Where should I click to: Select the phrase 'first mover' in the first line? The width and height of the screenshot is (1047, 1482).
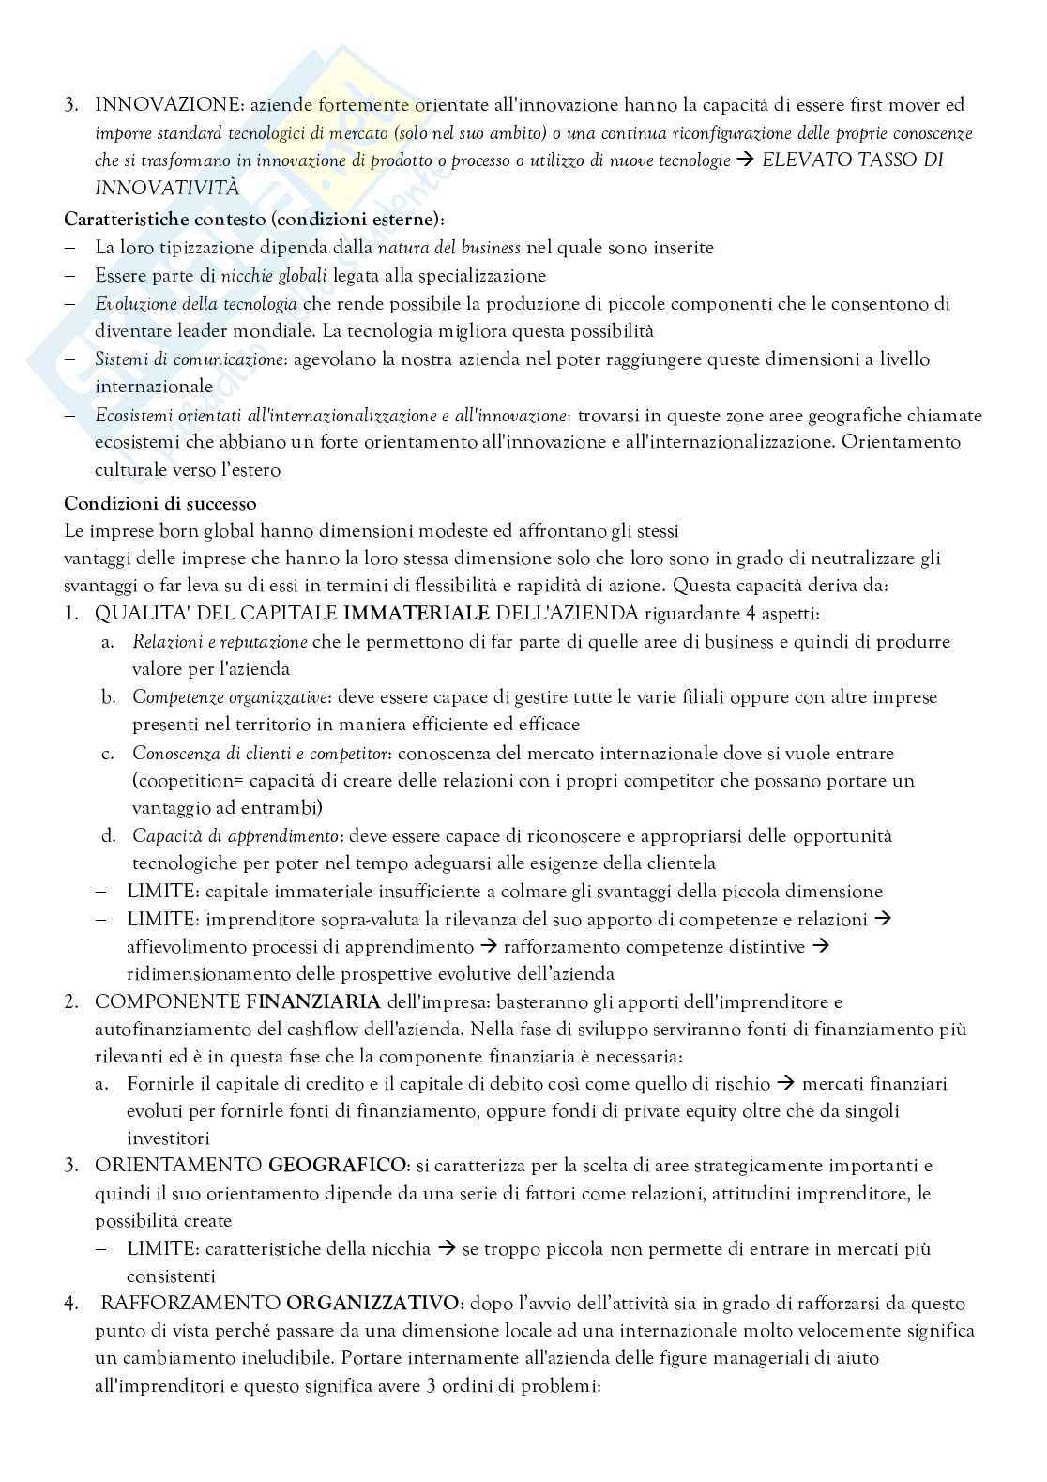pos(854,105)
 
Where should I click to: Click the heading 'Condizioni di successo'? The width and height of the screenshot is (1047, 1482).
pos(159,503)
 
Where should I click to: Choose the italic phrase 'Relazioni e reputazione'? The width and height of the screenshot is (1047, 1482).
pos(220,642)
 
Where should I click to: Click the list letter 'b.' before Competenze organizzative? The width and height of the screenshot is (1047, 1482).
pos(109,697)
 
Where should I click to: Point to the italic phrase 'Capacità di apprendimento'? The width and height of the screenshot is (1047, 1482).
pos(235,836)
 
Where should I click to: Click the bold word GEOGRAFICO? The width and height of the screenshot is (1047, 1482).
pos(339,1166)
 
